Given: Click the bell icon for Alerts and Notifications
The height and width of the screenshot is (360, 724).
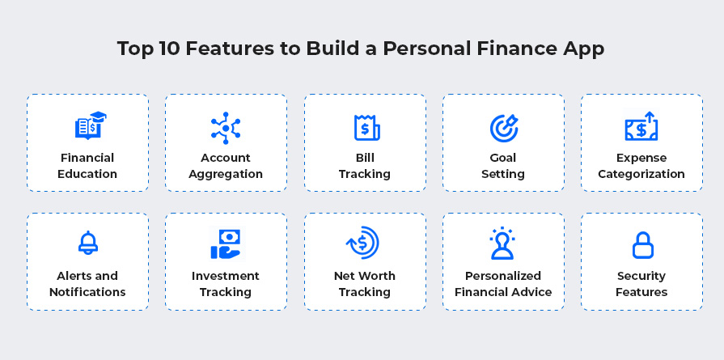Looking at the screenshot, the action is pyautogui.click(x=87, y=243).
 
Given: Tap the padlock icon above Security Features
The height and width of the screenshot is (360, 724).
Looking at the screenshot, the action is pyautogui.click(x=642, y=245).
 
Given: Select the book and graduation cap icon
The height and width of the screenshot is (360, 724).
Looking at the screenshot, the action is pyautogui.click(x=91, y=125).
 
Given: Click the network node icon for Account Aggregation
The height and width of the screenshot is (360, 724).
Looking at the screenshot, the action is pyautogui.click(x=226, y=128).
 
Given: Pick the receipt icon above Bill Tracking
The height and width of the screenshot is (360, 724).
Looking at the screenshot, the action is pyautogui.click(x=367, y=127).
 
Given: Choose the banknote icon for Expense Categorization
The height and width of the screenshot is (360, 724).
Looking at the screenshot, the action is pyautogui.click(x=641, y=126).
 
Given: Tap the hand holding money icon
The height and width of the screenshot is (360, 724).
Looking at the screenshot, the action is pyautogui.click(x=227, y=244).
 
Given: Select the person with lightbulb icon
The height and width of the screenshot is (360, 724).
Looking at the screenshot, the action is pyautogui.click(x=502, y=244).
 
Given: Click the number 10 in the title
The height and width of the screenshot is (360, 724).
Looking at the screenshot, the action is pyautogui.click(x=169, y=49).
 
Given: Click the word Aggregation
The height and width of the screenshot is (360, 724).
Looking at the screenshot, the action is pyautogui.click(x=226, y=175).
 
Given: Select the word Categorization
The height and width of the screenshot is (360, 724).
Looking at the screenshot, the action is pyautogui.click(x=641, y=175).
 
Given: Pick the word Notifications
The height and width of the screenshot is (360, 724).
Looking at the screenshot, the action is pyautogui.click(x=87, y=292).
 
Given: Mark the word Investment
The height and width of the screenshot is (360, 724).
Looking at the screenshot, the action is pyautogui.click(x=226, y=276).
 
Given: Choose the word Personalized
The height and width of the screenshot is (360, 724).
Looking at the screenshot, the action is pyautogui.click(x=503, y=276).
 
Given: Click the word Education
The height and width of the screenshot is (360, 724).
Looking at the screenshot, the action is pyautogui.click(x=87, y=174).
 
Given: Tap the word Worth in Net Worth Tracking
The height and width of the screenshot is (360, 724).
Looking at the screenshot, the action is pyautogui.click(x=377, y=276).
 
